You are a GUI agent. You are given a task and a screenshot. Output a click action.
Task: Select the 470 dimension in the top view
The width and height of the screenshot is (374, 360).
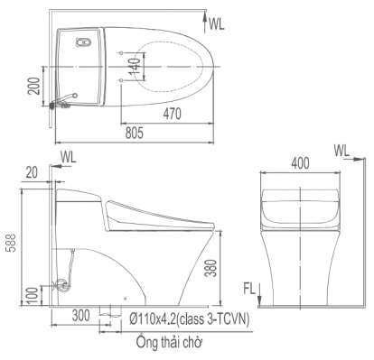tap(173, 115)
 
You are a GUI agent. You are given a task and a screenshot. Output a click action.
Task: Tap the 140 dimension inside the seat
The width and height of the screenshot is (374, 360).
tap(133, 66)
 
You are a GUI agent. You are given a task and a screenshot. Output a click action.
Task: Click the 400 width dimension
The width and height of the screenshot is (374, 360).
tap(301, 162)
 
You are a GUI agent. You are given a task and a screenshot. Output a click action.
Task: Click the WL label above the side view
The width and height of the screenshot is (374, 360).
tap(70, 157)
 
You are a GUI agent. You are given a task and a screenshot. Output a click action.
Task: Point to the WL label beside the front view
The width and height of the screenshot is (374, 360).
tap(341, 149)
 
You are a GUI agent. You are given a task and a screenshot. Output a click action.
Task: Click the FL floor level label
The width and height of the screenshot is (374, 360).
tap(246, 289)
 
